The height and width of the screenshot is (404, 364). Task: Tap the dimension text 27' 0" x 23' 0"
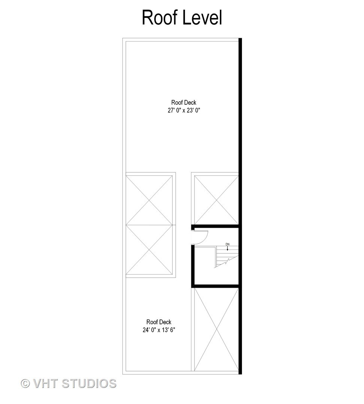tap(183, 110)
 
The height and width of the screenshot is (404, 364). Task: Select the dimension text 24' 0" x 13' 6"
tap(159, 330)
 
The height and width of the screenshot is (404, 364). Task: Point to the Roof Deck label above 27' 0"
tap(183, 102)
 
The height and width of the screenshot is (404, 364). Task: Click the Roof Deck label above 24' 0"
tap(159, 322)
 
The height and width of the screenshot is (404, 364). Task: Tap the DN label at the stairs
tap(227, 244)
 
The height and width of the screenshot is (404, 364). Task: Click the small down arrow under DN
tap(227, 248)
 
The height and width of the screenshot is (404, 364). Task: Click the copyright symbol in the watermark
tap(25, 383)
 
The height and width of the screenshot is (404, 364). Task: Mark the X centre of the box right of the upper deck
tap(216, 200)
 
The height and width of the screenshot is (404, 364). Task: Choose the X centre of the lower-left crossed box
tap(151, 250)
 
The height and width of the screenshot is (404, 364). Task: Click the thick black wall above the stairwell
tap(215, 226)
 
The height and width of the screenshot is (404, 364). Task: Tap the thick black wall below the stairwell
tap(215, 286)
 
